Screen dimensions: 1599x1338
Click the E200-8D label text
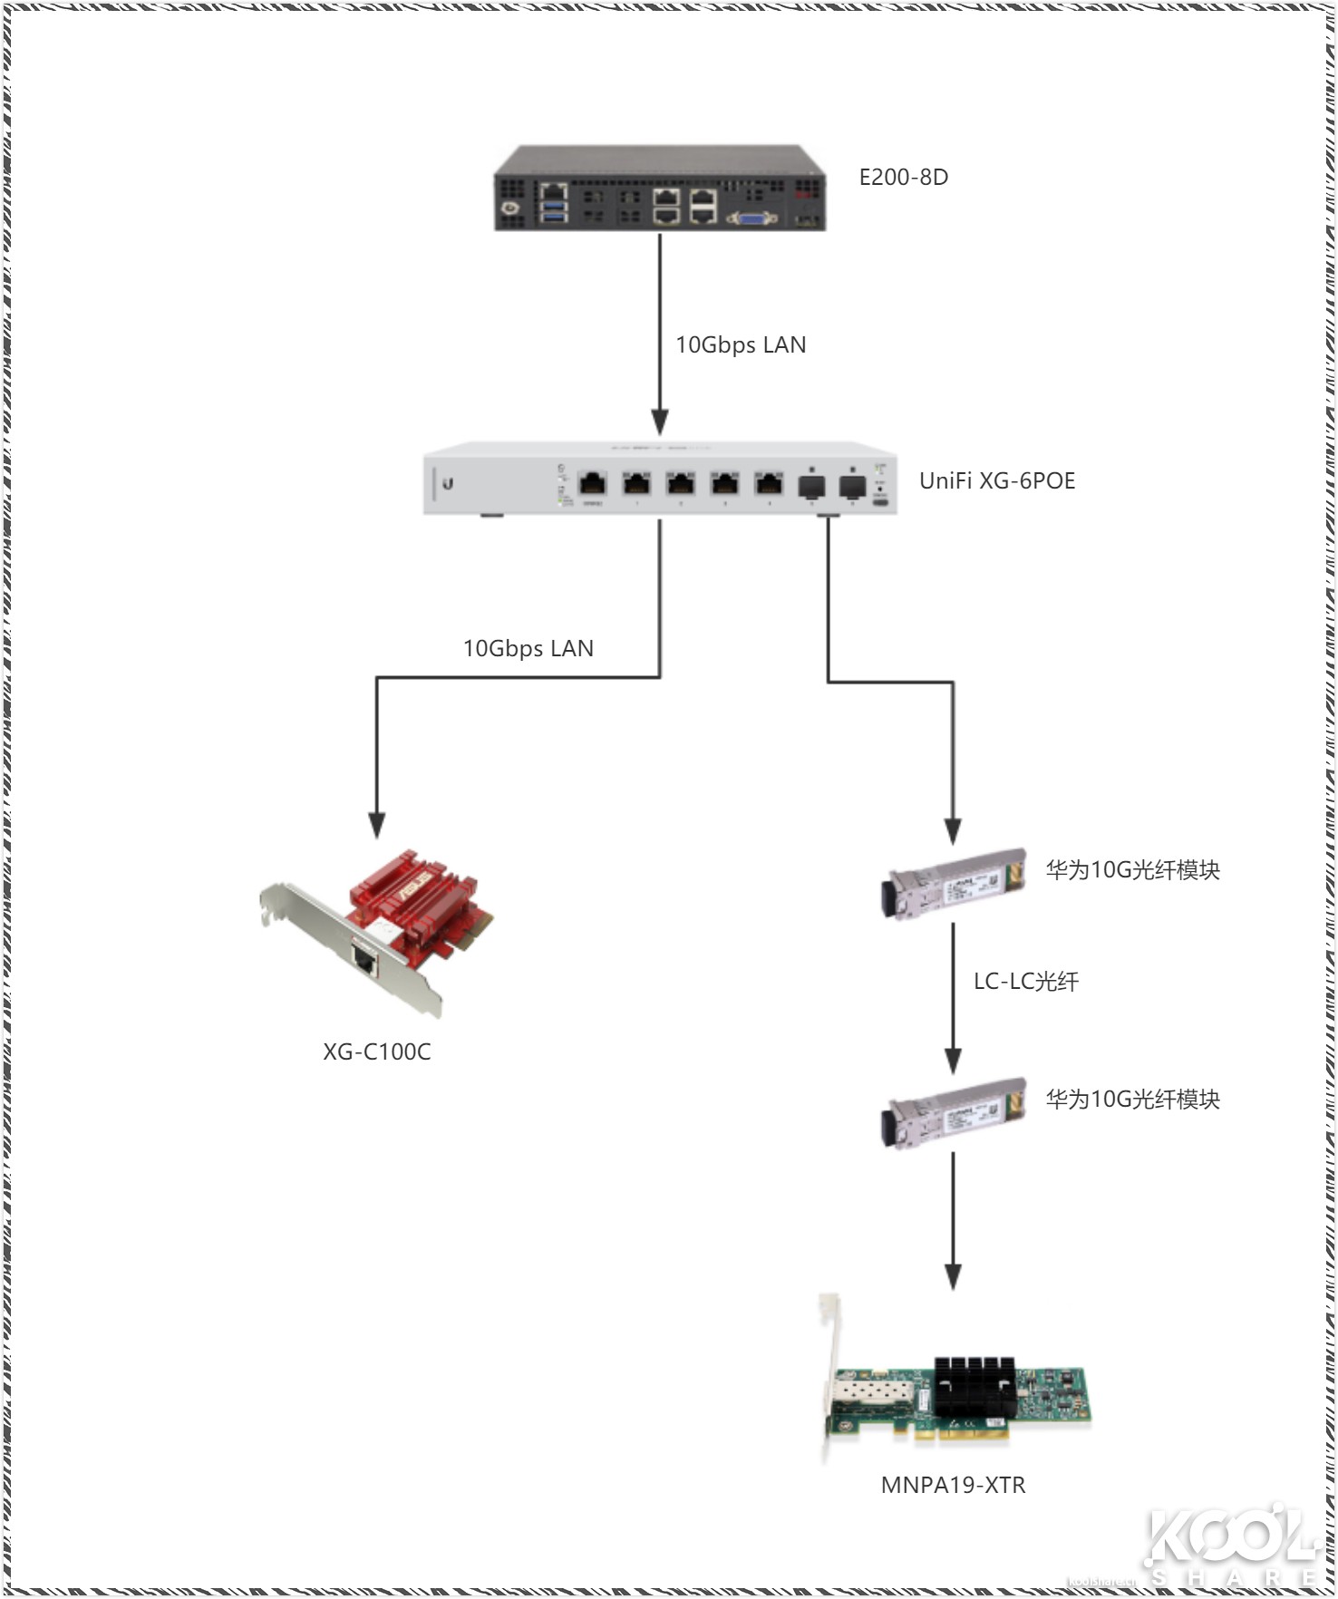[x=903, y=177]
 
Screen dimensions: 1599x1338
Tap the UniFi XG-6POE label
[x=996, y=480]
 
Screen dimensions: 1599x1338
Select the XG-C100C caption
[x=376, y=1051]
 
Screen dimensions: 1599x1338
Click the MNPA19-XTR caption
[x=953, y=1485]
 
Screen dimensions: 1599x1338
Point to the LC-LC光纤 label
[x=1025, y=981]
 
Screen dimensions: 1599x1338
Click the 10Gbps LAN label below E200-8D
[x=740, y=344]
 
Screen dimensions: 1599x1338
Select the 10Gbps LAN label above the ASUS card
[x=528, y=648]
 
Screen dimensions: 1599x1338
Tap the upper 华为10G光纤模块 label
[x=1132, y=870]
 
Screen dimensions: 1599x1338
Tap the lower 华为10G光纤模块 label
[x=1132, y=1100]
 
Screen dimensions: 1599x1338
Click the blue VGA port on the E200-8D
[x=752, y=217]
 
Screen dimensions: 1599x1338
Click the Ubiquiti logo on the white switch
[x=448, y=483]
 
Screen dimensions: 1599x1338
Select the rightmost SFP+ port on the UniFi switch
[x=852, y=486]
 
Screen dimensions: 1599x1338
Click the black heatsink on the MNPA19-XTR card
[x=975, y=1386]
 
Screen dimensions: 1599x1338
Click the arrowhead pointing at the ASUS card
[x=376, y=824]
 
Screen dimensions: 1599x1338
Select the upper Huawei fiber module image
[x=954, y=883]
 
